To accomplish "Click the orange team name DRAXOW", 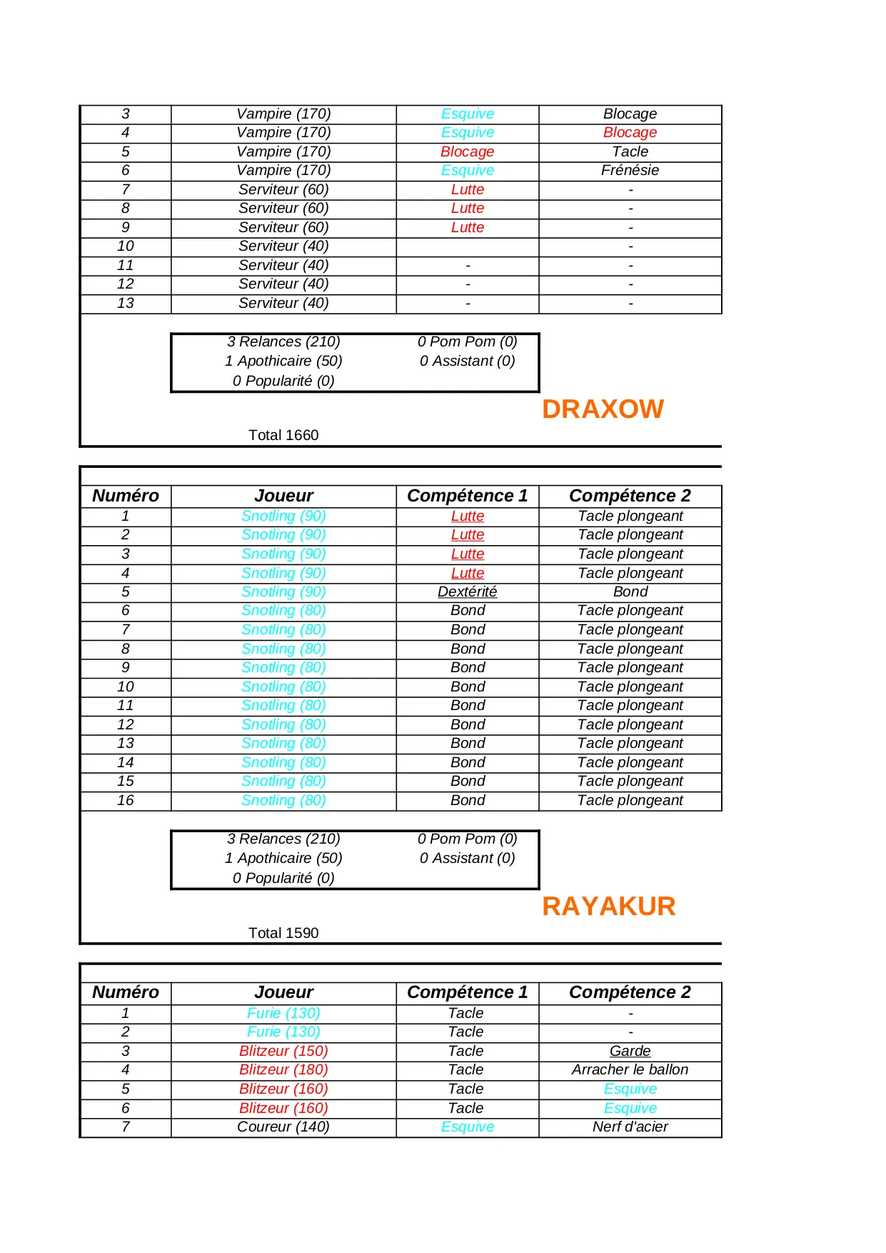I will click(x=603, y=409).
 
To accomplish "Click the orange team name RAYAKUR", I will click(x=608, y=907).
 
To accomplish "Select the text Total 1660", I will click(x=283, y=435).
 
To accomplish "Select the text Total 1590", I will click(x=283, y=933).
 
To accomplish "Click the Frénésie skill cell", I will click(x=630, y=171).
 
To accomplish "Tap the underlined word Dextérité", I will click(x=467, y=592).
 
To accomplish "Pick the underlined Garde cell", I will click(x=630, y=1052).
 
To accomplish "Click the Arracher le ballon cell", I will click(x=630, y=1070).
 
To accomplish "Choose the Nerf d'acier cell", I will click(x=630, y=1127).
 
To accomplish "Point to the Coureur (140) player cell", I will click(x=283, y=1127).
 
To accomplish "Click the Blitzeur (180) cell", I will click(x=283, y=1070).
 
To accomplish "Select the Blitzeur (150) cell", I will click(x=283, y=1052).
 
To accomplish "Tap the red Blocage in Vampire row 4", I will click(x=630, y=133).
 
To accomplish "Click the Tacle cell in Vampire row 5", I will click(x=630, y=152).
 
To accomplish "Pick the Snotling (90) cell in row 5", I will click(x=283, y=592).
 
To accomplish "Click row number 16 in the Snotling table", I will click(x=126, y=801).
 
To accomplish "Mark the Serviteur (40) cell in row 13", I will click(x=283, y=304).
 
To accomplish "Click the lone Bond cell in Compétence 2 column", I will click(x=630, y=592).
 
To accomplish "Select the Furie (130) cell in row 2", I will click(x=283, y=1032).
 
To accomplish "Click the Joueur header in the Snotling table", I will click(x=283, y=496).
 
